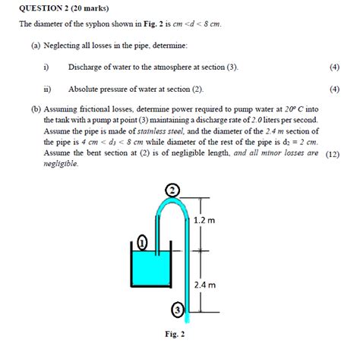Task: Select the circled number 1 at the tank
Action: [142, 243]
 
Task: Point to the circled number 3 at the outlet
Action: [177, 310]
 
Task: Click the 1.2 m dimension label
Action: [204, 220]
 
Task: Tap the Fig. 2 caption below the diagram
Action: [174, 335]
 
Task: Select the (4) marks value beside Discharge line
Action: [335, 67]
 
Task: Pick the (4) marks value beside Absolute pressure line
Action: [335, 89]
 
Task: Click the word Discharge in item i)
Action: [88, 67]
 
